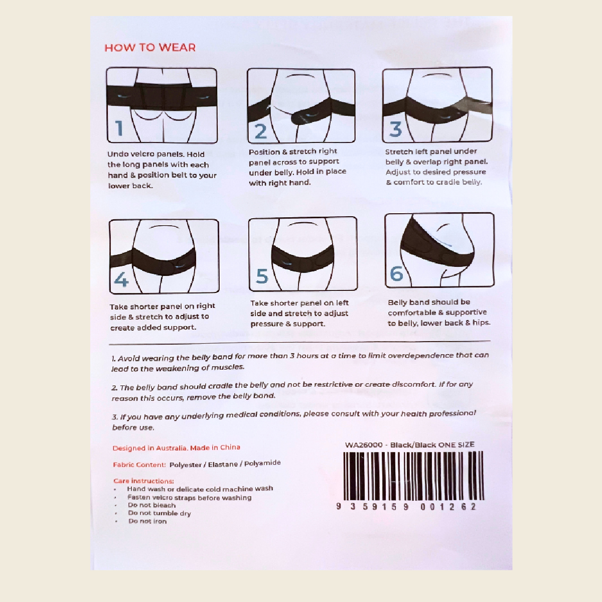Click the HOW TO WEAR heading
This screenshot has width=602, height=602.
pyautogui.click(x=150, y=48)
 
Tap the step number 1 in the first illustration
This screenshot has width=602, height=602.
pyautogui.click(x=119, y=128)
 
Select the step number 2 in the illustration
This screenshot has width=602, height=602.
pyautogui.click(x=260, y=131)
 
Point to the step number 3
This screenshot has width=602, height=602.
pyautogui.click(x=396, y=129)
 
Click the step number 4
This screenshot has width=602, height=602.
pyautogui.click(x=121, y=279)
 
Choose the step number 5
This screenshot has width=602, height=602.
pyautogui.click(x=262, y=276)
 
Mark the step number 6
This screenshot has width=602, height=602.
pyautogui.click(x=397, y=274)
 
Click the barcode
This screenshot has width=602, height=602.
pyautogui.click(x=413, y=476)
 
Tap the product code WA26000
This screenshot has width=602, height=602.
pyautogui.click(x=364, y=445)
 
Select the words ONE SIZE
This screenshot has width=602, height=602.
pyautogui.click(x=456, y=444)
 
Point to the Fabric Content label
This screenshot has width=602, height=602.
pyautogui.click(x=139, y=465)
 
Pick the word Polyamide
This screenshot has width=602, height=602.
pyautogui.click(x=262, y=463)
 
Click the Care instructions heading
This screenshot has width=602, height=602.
pyautogui.click(x=143, y=481)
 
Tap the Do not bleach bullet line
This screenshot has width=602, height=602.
pyautogui.click(x=152, y=505)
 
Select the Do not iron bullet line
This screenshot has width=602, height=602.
pyautogui.click(x=147, y=521)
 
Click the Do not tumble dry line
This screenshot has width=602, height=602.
pyautogui.click(x=159, y=513)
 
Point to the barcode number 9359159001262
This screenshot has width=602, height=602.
pyautogui.click(x=406, y=507)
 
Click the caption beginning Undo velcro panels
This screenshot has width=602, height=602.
pyautogui.click(x=162, y=170)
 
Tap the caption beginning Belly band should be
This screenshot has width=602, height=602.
pyautogui.click(x=438, y=313)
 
